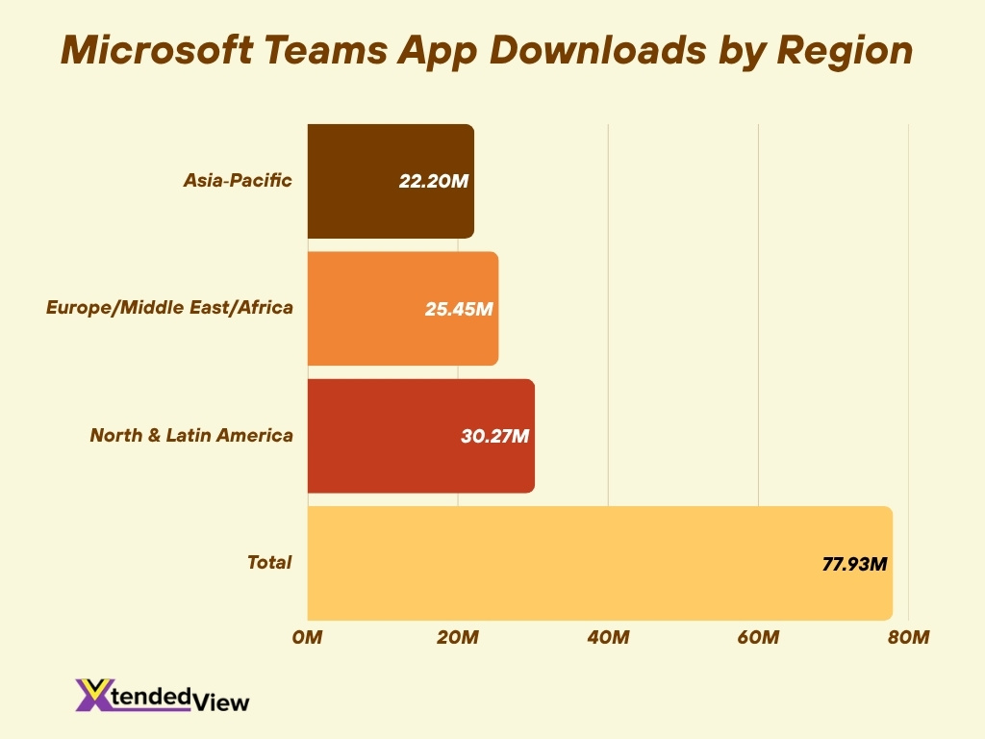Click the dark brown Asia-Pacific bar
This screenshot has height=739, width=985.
point(366,181)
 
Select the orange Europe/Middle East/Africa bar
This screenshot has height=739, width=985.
point(375,308)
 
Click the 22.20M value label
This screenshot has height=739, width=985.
point(433,182)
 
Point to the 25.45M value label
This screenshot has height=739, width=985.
point(458,309)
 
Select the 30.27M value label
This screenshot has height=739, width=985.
point(493,436)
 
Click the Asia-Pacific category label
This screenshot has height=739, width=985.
point(238,180)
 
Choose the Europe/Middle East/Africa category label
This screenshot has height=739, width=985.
point(169,308)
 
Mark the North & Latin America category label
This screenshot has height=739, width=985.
point(191,435)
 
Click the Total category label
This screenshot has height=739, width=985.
point(269,562)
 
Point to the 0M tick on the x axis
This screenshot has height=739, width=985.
point(308,638)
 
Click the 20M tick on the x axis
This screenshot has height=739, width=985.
point(458,638)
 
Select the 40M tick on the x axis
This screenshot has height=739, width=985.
point(608,638)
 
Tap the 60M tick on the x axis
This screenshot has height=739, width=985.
point(758,638)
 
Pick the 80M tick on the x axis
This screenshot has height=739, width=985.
point(908,638)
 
